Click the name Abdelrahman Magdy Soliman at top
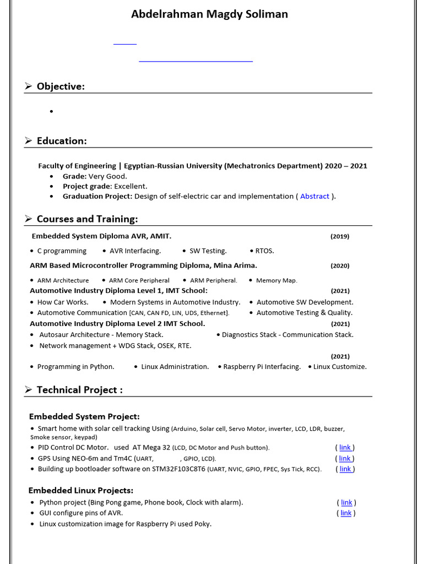(x=209, y=14)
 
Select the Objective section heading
(x=61, y=86)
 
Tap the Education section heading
(x=62, y=141)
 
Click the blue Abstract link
(x=314, y=196)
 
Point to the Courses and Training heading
(x=87, y=219)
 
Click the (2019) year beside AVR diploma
(x=340, y=236)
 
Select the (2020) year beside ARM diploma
(x=340, y=265)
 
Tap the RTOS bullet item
(x=264, y=251)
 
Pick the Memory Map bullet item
(x=276, y=280)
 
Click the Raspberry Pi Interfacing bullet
(x=262, y=367)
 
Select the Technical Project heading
(x=79, y=390)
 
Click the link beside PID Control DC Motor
(x=345, y=448)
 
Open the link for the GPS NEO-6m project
(x=345, y=458)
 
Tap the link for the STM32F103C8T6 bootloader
(x=345, y=469)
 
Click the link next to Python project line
(x=346, y=502)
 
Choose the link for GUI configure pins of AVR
(x=346, y=513)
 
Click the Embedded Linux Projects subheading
(x=81, y=490)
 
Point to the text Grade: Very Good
(x=95, y=176)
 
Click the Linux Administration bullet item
(x=175, y=367)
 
